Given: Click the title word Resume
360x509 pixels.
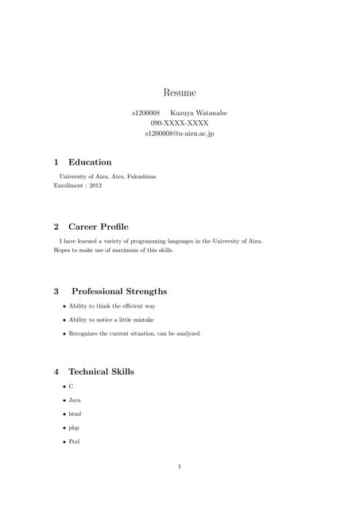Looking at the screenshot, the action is (180, 93).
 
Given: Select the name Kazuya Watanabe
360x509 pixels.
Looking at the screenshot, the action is (199, 113).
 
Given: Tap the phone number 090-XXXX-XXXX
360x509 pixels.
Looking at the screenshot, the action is (180, 123).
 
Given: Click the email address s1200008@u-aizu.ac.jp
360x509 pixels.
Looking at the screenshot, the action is (180, 134).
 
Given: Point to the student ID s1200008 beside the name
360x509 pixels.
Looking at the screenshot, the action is (145, 113).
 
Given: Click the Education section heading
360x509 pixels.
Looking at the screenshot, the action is (90, 162).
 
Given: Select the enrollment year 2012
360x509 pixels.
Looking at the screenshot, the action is (95, 185).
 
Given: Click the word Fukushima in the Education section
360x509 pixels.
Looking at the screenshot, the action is (140, 176).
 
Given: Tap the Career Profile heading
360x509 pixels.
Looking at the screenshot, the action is (98, 227).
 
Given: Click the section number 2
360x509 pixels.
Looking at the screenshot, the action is (56, 227).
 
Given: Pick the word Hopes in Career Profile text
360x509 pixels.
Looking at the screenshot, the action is (62, 249).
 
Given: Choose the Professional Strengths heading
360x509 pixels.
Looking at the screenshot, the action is (119, 291).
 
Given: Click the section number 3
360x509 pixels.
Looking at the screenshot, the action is (56, 291).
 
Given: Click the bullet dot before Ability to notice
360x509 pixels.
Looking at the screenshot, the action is (64, 320).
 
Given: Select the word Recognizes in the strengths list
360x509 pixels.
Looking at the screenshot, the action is (85, 333).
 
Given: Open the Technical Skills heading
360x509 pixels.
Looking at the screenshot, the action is (101, 371).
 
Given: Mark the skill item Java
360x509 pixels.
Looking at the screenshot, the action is (75, 400).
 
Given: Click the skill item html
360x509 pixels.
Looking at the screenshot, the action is (75, 414).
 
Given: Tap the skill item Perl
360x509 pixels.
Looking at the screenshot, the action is (75, 441).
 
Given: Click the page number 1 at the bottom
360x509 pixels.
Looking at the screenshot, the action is (180, 466).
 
